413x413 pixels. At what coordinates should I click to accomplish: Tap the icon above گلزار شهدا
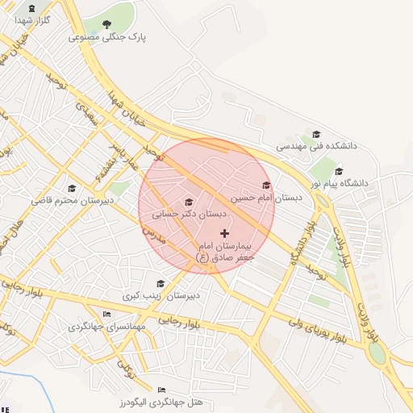click(x=32, y=7)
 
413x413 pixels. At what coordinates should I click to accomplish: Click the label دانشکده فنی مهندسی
click(x=316, y=147)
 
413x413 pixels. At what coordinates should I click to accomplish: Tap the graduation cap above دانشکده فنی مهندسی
click(x=316, y=135)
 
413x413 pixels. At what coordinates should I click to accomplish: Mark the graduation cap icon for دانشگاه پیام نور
click(x=338, y=171)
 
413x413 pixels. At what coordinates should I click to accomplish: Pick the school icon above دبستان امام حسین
click(x=266, y=186)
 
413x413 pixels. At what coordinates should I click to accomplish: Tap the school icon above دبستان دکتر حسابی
click(x=190, y=202)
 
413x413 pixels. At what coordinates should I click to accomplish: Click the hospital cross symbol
click(x=224, y=233)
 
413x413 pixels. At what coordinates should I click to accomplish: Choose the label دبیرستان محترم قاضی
click(x=72, y=199)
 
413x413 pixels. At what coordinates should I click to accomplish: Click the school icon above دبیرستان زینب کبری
click(x=161, y=284)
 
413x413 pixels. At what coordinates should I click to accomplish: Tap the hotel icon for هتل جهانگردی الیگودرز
click(x=161, y=390)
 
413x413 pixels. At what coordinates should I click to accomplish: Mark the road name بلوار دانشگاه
click(x=299, y=242)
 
